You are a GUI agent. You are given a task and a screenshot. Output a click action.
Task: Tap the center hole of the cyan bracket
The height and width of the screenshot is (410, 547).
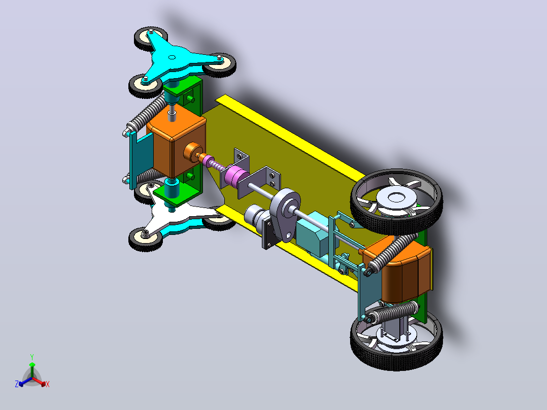tap(172, 57)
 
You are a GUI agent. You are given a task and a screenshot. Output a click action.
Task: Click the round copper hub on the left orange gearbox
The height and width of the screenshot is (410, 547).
tap(191, 153)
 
